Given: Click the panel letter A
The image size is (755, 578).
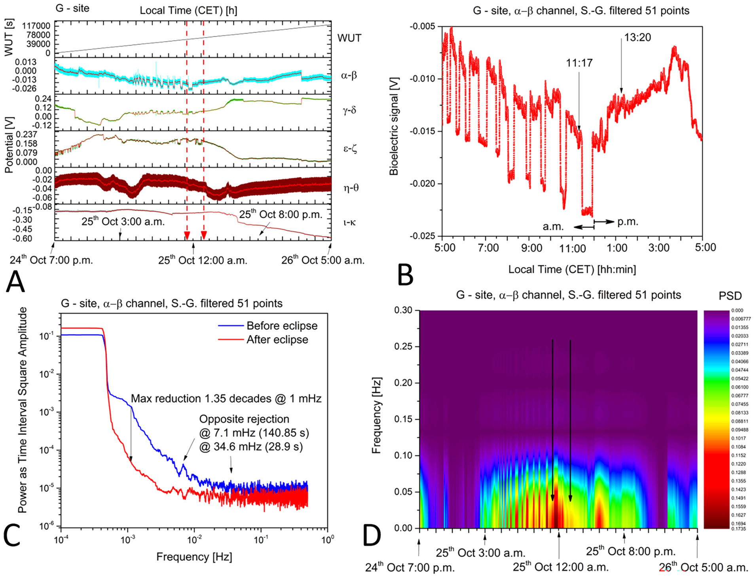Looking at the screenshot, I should (x=15, y=282).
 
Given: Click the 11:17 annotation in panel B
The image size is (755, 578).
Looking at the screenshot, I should (x=579, y=63).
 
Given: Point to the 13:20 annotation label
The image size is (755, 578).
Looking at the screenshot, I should (x=637, y=38).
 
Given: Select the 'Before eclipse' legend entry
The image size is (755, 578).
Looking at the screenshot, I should (x=282, y=326).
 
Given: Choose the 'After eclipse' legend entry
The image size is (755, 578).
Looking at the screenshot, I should (x=277, y=340).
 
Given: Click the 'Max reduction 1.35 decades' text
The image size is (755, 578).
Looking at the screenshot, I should (x=226, y=399).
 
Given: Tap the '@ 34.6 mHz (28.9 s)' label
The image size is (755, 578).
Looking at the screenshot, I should (x=251, y=447).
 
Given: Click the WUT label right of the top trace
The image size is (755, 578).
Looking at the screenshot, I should (x=349, y=38).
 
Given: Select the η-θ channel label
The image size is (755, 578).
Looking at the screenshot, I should (x=351, y=188).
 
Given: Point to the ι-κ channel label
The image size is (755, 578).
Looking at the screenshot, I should (x=349, y=222).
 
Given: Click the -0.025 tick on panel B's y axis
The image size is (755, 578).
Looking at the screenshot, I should (x=422, y=236).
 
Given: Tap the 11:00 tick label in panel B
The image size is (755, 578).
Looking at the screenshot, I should (x=572, y=249).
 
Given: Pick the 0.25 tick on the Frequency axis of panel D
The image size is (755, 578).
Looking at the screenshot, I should (x=403, y=347).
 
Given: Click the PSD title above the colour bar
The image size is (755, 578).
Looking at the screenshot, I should (x=730, y=296).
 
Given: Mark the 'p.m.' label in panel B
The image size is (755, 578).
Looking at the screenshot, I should (x=628, y=222).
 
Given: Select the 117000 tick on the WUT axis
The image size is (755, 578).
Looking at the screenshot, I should (x=36, y=26).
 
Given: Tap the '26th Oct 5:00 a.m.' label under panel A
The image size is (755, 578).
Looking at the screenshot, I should (x=322, y=260).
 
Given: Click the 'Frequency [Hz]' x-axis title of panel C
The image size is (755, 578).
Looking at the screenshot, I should (x=194, y=557).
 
